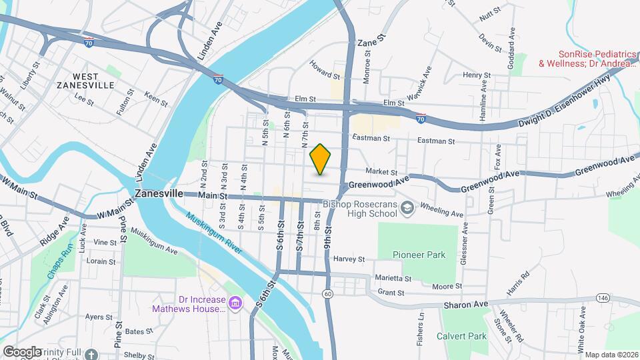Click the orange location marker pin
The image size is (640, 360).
[321, 159]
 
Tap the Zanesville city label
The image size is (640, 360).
[159, 193]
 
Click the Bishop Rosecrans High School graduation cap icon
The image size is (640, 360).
[407, 209]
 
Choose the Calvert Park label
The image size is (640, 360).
[462, 336]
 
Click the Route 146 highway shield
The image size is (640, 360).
[603, 297]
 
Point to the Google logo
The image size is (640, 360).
[21, 351]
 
